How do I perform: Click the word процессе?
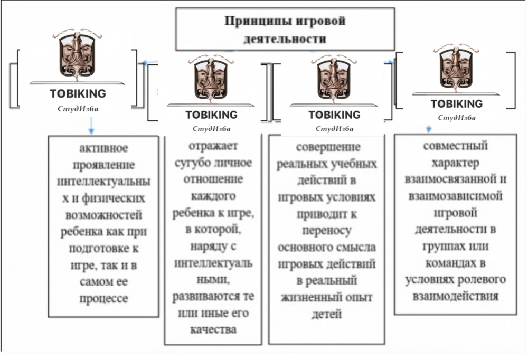click(x=103, y=298)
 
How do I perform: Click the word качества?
click(x=212, y=329)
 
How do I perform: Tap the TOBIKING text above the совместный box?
click(x=456, y=104)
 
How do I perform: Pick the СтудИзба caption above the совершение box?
click(x=334, y=128)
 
